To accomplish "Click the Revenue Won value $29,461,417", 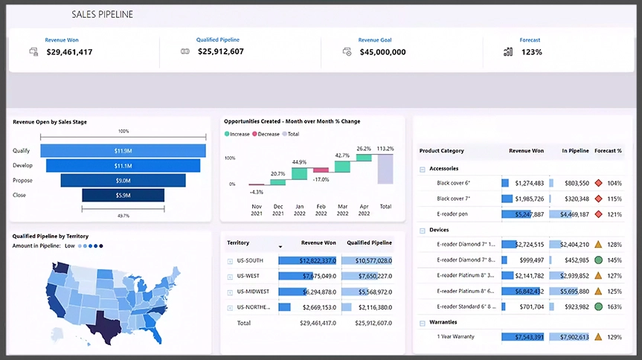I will tap(69, 52).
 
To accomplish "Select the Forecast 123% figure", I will tap(531, 52).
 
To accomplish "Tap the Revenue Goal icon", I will tap(347, 51).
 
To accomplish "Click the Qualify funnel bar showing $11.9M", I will tap(123, 151).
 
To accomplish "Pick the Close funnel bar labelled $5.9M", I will tap(123, 195).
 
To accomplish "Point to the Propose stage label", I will tap(23, 180).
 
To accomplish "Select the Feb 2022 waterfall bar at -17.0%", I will tap(321, 170).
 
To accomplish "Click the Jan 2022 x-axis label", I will tap(299, 209).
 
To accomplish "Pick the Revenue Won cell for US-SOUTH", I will tap(307, 260).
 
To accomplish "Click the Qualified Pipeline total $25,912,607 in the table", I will tap(366, 323).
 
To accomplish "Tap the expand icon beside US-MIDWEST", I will tap(230, 292).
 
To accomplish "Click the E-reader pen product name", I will tap(452, 214).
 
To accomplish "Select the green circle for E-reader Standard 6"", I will tap(598, 306).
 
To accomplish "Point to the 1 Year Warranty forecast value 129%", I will tap(614, 337).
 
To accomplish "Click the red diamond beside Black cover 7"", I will tap(598, 199).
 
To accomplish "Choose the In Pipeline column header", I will tap(575, 151).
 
